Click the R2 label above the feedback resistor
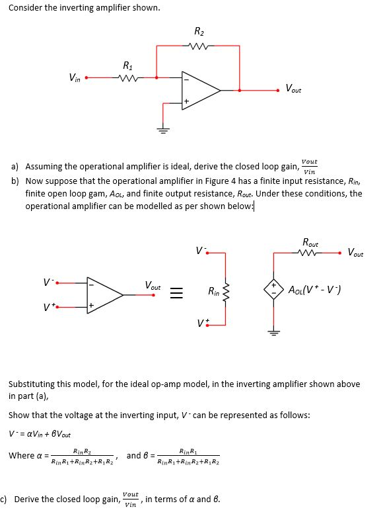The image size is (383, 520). (x=199, y=31)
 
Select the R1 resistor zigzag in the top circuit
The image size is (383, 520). (x=127, y=78)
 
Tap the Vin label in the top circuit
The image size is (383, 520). (x=75, y=78)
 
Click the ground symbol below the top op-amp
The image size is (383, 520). (x=162, y=129)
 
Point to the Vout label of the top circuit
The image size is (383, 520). (x=293, y=89)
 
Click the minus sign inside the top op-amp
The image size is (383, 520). (x=186, y=79)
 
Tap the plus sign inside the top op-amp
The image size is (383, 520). (x=186, y=101)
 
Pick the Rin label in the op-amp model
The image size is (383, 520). (x=213, y=292)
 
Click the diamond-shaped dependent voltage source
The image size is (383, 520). (x=273, y=290)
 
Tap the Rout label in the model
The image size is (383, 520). (x=310, y=242)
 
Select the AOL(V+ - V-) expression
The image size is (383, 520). (x=314, y=290)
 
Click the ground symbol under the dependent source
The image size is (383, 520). (x=273, y=332)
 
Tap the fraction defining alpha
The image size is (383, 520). (x=83, y=456)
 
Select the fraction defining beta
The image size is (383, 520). (x=188, y=456)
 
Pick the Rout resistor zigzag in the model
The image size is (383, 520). (x=308, y=253)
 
